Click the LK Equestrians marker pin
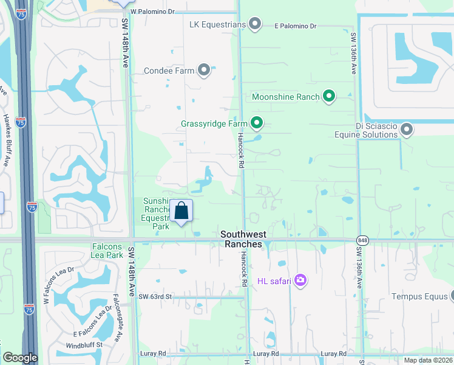point(256,24)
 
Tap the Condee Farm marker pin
point(204,71)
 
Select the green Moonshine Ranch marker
point(329,97)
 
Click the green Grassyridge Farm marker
point(257,123)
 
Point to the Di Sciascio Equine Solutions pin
point(407,129)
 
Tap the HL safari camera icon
point(300,280)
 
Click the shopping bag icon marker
point(181,212)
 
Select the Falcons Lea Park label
point(107,251)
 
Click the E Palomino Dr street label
point(296,26)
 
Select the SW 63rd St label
point(155,296)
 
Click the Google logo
point(20,358)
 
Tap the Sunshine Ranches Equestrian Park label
point(155,214)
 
